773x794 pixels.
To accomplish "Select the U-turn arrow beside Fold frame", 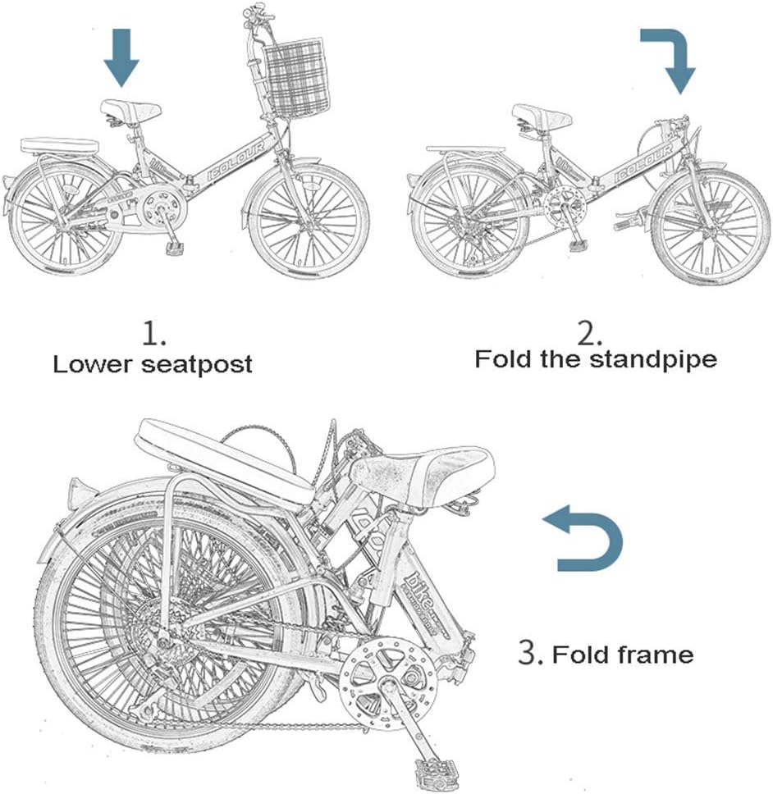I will pyautogui.click(x=585, y=541).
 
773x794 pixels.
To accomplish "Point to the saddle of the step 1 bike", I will pyautogui.click(x=130, y=109).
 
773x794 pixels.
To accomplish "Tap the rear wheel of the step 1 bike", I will pyautogui.click(x=60, y=217).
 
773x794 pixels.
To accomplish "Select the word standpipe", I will pyautogui.click(x=656, y=359).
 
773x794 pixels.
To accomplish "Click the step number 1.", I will pyautogui.click(x=153, y=334).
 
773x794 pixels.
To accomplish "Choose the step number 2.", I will pyautogui.click(x=589, y=332).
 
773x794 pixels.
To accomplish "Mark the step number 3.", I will pyautogui.click(x=528, y=653).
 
